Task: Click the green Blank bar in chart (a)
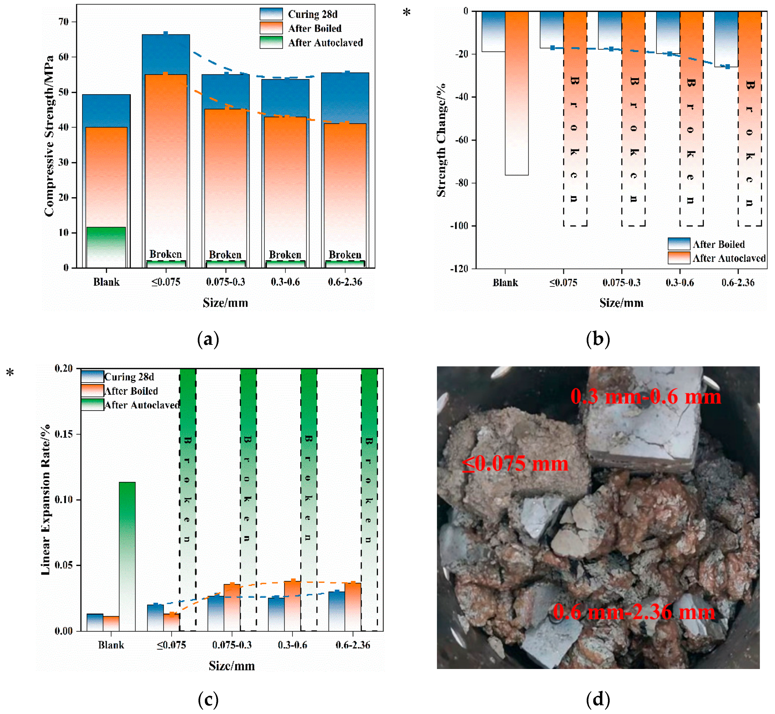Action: (x=106, y=247)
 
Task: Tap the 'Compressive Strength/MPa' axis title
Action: (x=49, y=136)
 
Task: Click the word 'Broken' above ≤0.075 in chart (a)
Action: (x=165, y=254)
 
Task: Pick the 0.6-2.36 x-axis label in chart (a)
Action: (x=345, y=282)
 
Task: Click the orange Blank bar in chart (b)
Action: (x=516, y=93)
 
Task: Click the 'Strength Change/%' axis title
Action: (x=441, y=140)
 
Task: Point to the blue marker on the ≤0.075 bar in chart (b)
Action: (x=553, y=48)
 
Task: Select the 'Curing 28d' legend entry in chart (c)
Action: (x=129, y=377)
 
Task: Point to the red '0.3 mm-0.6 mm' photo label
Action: (x=646, y=397)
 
